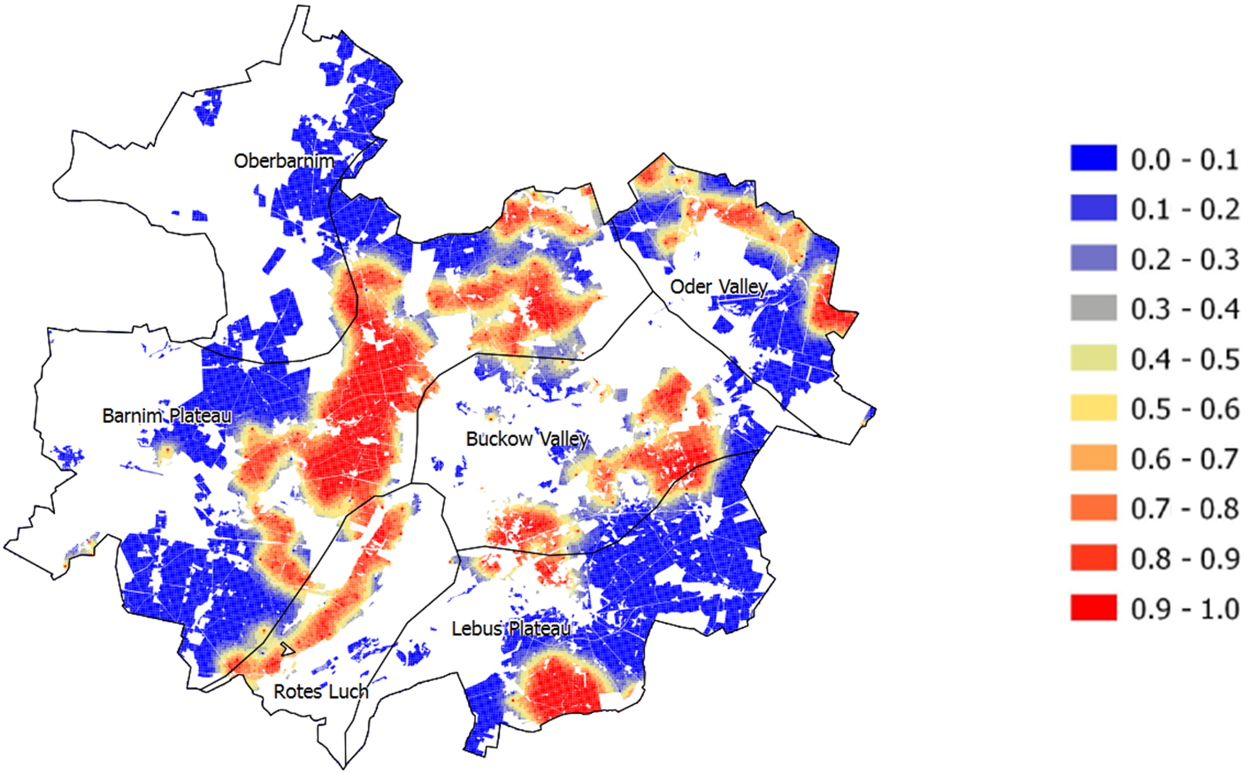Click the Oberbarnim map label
pos(284,161)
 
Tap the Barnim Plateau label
pos(166,416)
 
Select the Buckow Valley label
pos(527,439)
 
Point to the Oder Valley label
pos(718,287)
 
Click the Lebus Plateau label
pos(510,629)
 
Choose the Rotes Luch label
pos(321,692)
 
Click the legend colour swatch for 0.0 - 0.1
pos(1093,159)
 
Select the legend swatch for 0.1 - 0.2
pos(1093,209)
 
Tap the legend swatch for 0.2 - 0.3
pos(1093,259)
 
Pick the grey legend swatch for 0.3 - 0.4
pos(1093,309)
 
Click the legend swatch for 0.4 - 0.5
pos(1093,359)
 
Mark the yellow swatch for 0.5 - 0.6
pos(1093,409)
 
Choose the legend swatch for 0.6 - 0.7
pos(1093,459)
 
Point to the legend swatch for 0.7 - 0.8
pos(1093,509)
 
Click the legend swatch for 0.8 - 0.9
pos(1093,559)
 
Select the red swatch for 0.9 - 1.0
pos(1093,609)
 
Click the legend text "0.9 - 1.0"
pos(1185,609)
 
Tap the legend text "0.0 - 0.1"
pos(1185,159)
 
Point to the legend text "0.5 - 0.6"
pos(1185,409)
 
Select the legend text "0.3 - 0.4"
pos(1185,309)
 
